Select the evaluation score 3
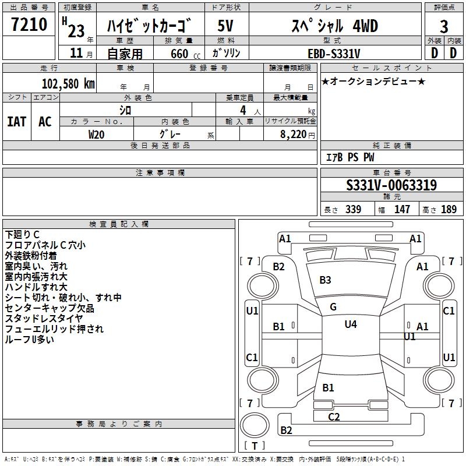point(444,26)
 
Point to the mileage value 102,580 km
point(68,83)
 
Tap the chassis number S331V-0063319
point(391,186)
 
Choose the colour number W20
point(97,134)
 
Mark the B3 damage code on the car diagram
point(325,280)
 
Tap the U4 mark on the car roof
point(351,324)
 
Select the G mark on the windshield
point(333,307)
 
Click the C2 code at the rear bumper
point(334,416)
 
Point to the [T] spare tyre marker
point(255,446)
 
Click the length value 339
point(353,210)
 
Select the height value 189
point(449,210)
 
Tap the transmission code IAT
point(17,122)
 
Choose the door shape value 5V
point(226,26)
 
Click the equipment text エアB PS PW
point(349,158)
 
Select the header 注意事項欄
point(160,173)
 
